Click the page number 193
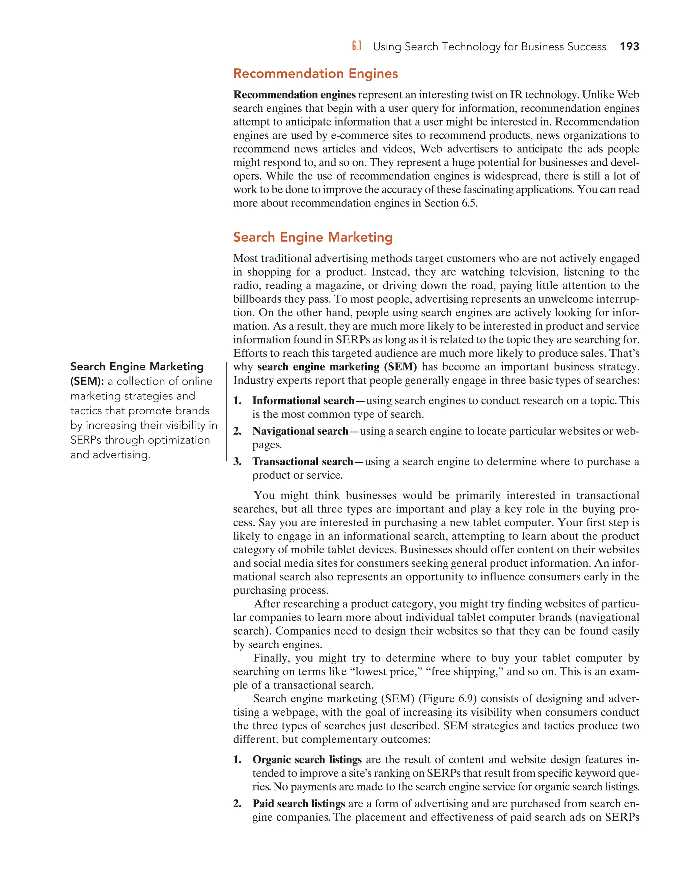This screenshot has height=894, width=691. pyautogui.click(x=629, y=47)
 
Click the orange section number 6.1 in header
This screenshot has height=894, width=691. pyautogui.click(x=357, y=47)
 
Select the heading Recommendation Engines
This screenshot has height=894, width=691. pyautogui.click(x=315, y=74)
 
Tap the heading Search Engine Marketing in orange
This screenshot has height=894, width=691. pyautogui.click(x=313, y=237)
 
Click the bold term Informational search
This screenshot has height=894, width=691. pyautogui.click(x=303, y=400)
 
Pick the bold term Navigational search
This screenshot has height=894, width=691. pyautogui.click(x=300, y=431)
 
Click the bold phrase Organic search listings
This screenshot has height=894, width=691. pyautogui.click(x=307, y=759)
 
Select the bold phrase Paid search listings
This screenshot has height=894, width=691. pyautogui.click(x=298, y=804)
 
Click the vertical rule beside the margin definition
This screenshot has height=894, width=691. pyautogui.click(x=226, y=411)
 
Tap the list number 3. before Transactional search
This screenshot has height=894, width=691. pyautogui.click(x=238, y=462)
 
